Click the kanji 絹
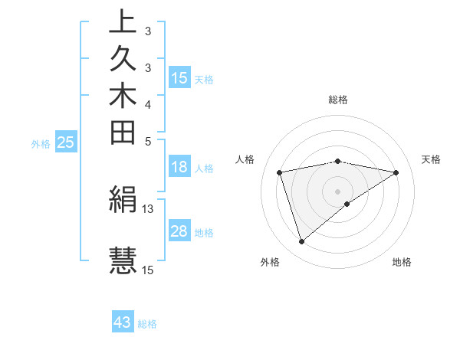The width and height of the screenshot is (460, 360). coord(123,200)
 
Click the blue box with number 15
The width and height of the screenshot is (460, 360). coord(179,78)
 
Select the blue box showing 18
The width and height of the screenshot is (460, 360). coord(179,168)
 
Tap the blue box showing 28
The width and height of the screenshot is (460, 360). coord(179,232)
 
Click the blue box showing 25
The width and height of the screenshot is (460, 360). coord(66,142)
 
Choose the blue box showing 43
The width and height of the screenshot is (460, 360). coord(123,322)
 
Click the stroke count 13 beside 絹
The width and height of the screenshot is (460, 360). coord(148,208)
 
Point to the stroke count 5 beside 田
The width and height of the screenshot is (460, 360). coord(148,141)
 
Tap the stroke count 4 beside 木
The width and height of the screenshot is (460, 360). coord(148,103)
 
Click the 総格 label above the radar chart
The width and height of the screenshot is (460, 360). coord(337,100)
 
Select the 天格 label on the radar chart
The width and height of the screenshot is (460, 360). coord(431,159)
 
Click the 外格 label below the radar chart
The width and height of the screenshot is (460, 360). coord(269,263)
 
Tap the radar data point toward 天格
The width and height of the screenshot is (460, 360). coord(396,172)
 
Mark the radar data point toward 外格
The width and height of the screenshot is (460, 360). coord(301,241)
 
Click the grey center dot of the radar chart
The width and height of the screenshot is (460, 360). coord(337,191)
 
